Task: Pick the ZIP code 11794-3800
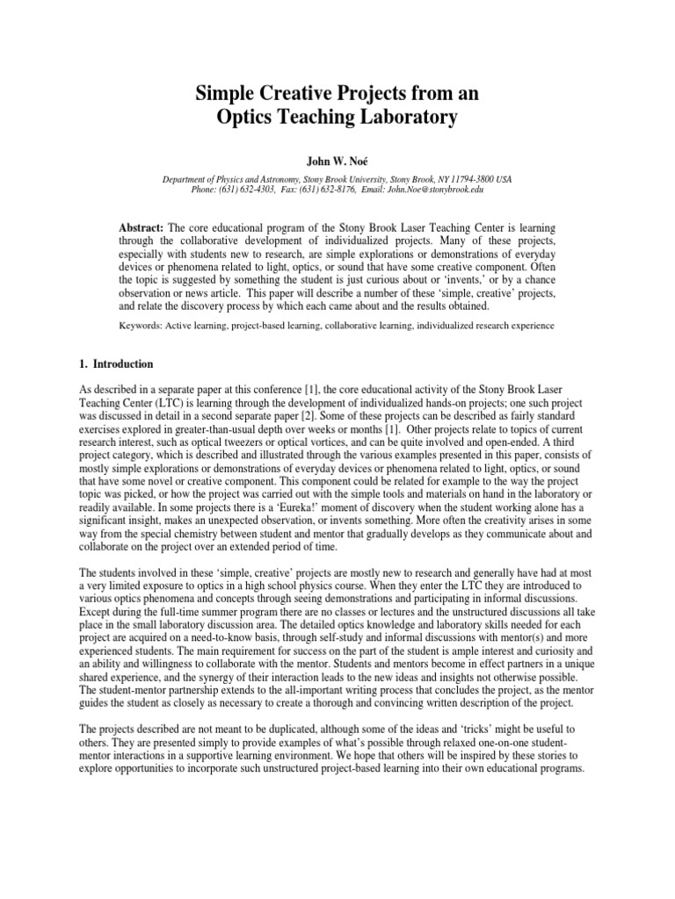pos(470,178)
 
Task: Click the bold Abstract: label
pos(142,227)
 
